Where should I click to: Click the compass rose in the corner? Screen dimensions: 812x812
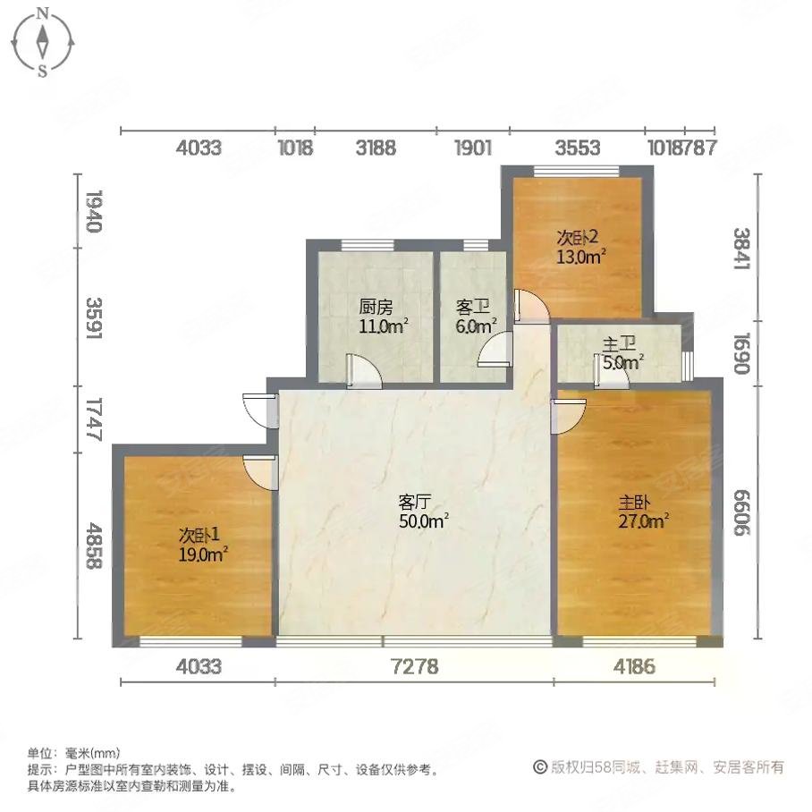pyautogui.click(x=43, y=41)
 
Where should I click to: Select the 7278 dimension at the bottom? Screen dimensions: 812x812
pyautogui.click(x=414, y=666)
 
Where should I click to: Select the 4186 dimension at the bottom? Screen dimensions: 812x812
pyautogui.click(x=634, y=666)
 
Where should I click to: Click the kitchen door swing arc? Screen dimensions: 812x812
pyautogui.click(x=363, y=369)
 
